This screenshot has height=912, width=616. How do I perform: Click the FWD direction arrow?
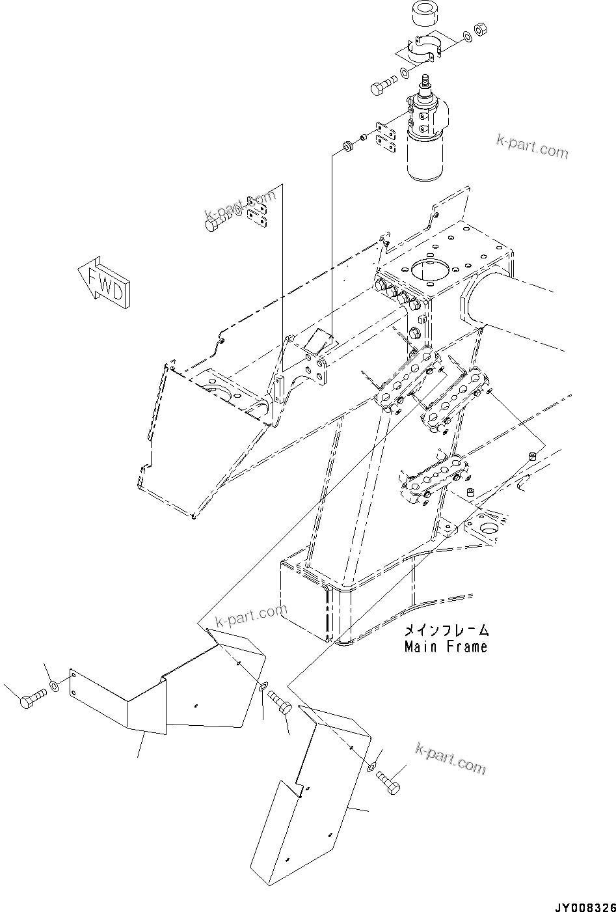105,279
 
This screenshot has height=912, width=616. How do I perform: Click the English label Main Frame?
445,647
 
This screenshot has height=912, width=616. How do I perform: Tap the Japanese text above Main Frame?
446,630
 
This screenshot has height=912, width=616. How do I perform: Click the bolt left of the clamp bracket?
383,87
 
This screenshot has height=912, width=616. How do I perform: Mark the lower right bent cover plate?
306,801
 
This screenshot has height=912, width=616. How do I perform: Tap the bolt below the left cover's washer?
281,706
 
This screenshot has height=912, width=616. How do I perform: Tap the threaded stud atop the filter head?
425,83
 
